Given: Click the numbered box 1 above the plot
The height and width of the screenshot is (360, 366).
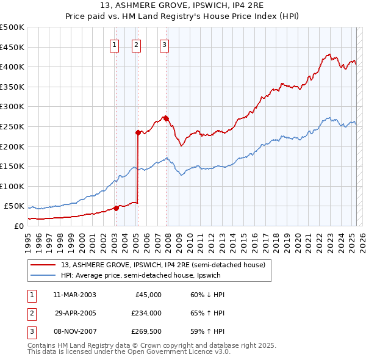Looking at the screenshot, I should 115,44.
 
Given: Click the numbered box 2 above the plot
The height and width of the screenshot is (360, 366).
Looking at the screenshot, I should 136,44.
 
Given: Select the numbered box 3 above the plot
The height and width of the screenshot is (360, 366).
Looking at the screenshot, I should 165,44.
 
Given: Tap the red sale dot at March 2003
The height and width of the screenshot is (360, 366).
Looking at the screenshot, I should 116,208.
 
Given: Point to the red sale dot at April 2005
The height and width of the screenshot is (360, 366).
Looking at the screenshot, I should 138,132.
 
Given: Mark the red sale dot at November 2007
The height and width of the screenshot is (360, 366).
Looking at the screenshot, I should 166,118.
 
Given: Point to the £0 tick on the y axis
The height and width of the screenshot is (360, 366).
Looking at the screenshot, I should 19,226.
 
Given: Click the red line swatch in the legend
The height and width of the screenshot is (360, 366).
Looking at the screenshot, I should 44,265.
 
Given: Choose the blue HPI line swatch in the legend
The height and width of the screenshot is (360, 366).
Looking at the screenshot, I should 44,275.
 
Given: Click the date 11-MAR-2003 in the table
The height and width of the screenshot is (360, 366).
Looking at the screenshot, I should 74,295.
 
